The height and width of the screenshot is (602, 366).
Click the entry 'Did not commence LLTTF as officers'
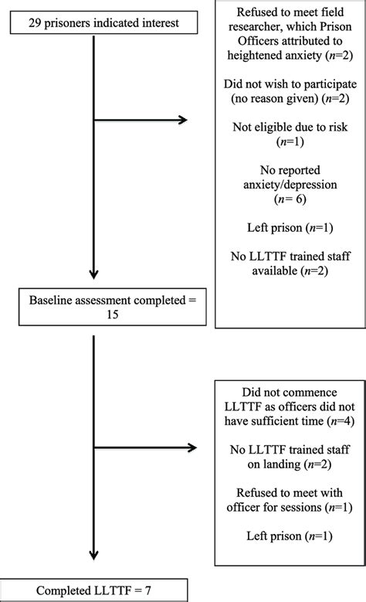click(x=286, y=405)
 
